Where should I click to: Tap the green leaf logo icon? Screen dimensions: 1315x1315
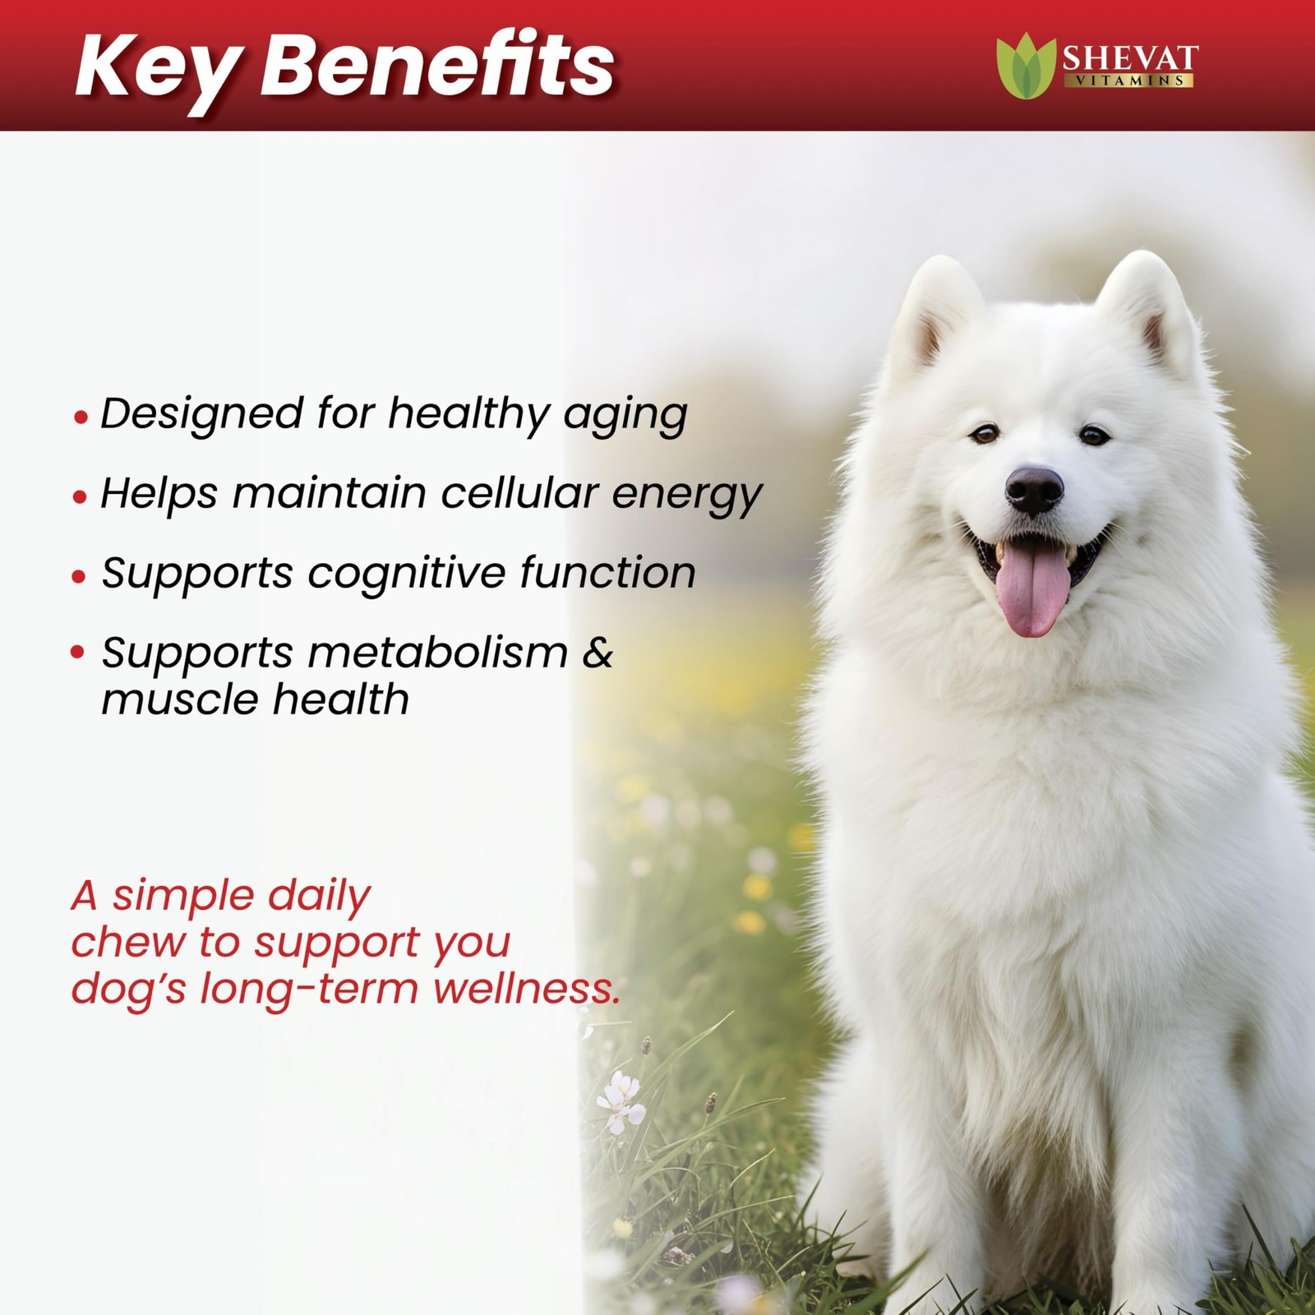pos(1025,65)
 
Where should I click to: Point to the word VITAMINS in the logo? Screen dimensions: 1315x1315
pos(1130,81)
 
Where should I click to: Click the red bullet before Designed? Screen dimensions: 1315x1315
pos(80,418)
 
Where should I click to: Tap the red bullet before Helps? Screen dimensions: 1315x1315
pos(80,497)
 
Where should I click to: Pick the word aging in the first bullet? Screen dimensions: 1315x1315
pos(625,416)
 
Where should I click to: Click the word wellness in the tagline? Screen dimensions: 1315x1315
pos(526,988)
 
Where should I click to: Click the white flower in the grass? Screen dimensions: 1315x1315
pos(621,1101)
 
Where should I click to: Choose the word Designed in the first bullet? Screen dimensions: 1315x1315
pos(202,414)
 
